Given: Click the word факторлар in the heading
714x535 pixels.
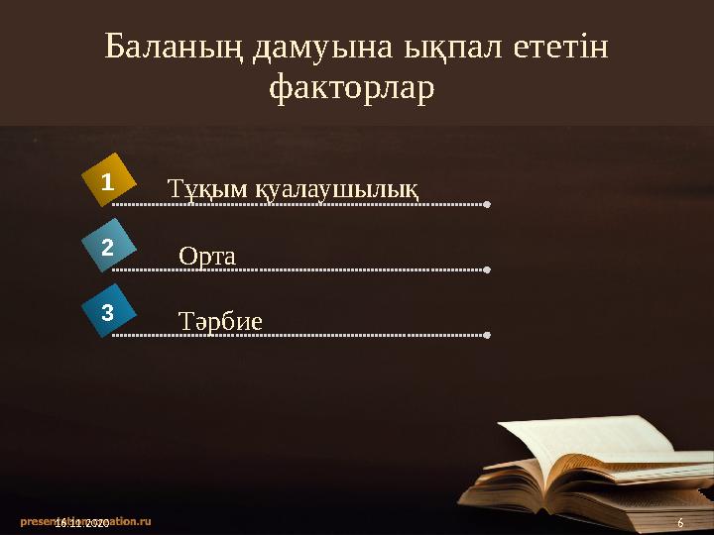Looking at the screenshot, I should (x=352, y=89).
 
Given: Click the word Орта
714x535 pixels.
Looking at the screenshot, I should (x=207, y=256).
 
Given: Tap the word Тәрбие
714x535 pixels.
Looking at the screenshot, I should (x=220, y=321).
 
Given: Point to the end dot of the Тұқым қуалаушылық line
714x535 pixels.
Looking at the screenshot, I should (x=486, y=205).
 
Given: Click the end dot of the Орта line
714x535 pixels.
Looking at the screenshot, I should (x=486, y=269).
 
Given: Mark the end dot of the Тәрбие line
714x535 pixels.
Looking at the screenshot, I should (x=486, y=335).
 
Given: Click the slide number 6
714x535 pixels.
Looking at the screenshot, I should (x=680, y=522).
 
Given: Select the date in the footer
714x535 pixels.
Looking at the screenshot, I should (x=82, y=522).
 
